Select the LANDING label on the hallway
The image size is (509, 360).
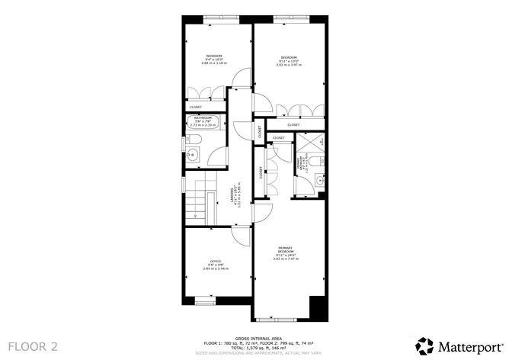tap(232, 198)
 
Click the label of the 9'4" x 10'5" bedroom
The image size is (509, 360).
tap(213, 56)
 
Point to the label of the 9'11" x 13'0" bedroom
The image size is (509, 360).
tap(289, 58)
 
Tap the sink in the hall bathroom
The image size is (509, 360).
tap(192, 156)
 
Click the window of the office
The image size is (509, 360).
tap(202, 297)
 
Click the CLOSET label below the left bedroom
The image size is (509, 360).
tap(196, 107)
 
